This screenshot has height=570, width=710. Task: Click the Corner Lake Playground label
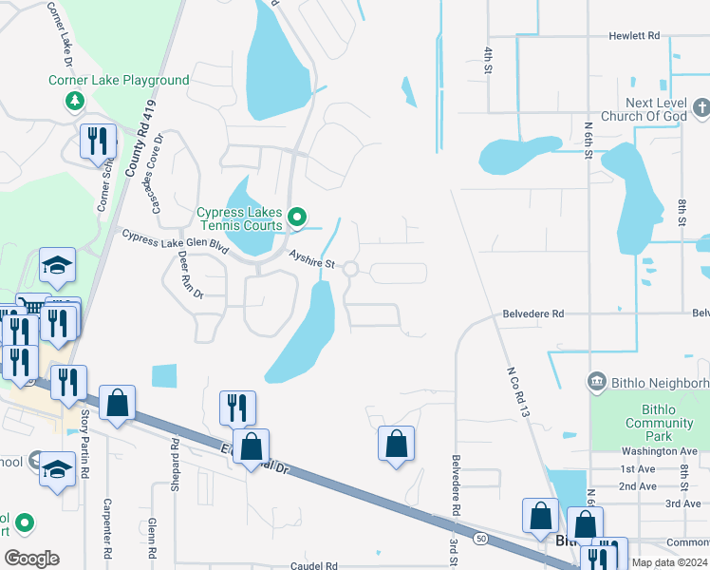pyautogui.click(x=119, y=81)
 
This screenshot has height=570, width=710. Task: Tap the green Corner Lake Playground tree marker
pyautogui.click(x=73, y=101)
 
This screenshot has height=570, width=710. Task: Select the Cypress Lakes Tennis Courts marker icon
pyautogui.click(x=297, y=219)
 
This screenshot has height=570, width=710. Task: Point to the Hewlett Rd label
pyautogui.click(x=634, y=36)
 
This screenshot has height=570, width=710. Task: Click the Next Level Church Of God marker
pyautogui.click(x=701, y=104)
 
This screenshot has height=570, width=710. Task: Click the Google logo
pyautogui.click(x=31, y=559)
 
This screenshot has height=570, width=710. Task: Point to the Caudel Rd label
pyautogui.click(x=312, y=566)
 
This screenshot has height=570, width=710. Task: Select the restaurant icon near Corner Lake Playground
pyautogui.click(x=98, y=142)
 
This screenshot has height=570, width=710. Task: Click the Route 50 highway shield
pyautogui.click(x=481, y=540)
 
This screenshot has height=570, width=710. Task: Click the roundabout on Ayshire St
pyautogui.click(x=350, y=270)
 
